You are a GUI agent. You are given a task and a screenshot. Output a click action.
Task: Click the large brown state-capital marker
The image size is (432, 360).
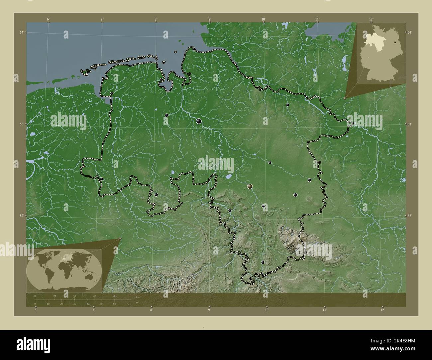(250, 187)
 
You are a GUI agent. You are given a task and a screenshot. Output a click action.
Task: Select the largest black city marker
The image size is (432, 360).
(199, 121)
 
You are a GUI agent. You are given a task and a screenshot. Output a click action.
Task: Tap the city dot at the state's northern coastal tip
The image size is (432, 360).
(194, 49)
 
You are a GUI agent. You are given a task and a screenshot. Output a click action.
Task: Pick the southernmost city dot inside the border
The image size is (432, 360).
(263, 262)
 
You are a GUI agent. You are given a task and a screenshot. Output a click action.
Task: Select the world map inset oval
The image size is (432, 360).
(64, 270)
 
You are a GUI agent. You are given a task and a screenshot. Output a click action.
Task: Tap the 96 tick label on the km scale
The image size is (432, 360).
(114, 296)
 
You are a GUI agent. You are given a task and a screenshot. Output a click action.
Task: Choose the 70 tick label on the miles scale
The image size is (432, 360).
(128, 304)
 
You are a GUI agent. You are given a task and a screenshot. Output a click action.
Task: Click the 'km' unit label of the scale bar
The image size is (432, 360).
(137, 296)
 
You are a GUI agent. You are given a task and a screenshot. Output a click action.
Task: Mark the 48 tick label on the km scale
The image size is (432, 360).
(74, 296)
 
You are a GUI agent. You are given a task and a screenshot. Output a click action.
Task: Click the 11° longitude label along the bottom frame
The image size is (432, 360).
(324, 310)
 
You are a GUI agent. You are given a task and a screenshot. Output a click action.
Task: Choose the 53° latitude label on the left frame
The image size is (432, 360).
(21, 124)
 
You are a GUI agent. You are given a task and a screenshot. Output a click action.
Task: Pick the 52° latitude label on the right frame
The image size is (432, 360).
(410, 216)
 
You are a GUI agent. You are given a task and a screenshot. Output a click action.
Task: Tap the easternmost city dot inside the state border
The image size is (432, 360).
(309, 180)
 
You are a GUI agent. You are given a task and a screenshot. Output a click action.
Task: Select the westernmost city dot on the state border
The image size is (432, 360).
(101, 179)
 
